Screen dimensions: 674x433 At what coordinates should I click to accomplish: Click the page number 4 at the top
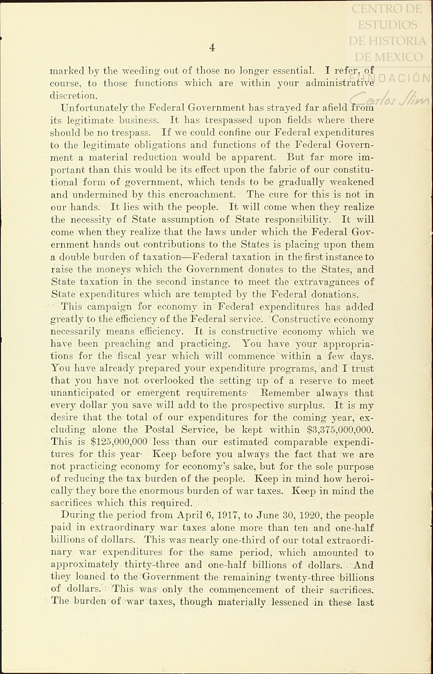[212, 48]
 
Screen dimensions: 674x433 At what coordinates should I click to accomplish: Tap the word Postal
[159, 430]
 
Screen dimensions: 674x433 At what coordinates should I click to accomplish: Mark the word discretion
[73, 95]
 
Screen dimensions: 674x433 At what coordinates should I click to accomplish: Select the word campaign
[110, 307]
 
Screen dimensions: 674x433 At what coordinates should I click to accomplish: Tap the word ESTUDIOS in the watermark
[388, 25]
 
